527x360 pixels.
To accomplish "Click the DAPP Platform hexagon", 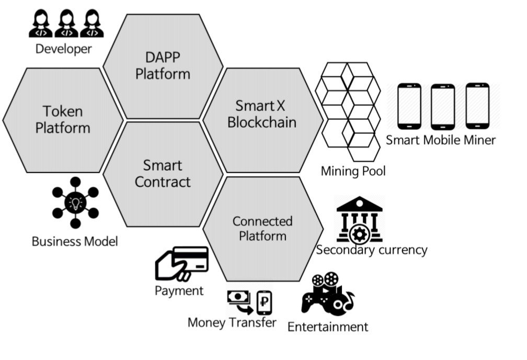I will click(163, 65).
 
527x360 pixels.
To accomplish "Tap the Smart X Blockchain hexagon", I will click(262, 114).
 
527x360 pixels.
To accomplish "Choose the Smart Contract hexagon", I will click(163, 174).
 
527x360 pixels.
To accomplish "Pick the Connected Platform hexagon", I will click(262, 229).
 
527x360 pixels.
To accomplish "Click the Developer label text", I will click(63, 49).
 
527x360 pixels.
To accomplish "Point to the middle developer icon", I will click(66, 24).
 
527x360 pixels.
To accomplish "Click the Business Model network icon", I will click(75, 203).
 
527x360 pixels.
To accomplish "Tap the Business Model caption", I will click(75, 241).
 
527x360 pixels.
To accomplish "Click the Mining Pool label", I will click(353, 171).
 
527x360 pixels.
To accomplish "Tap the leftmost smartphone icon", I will click(409, 106).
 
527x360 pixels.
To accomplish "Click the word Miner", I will click(479, 140).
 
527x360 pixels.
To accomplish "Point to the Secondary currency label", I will click(372, 250).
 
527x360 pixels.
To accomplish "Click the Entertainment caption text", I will click(328, 327).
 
